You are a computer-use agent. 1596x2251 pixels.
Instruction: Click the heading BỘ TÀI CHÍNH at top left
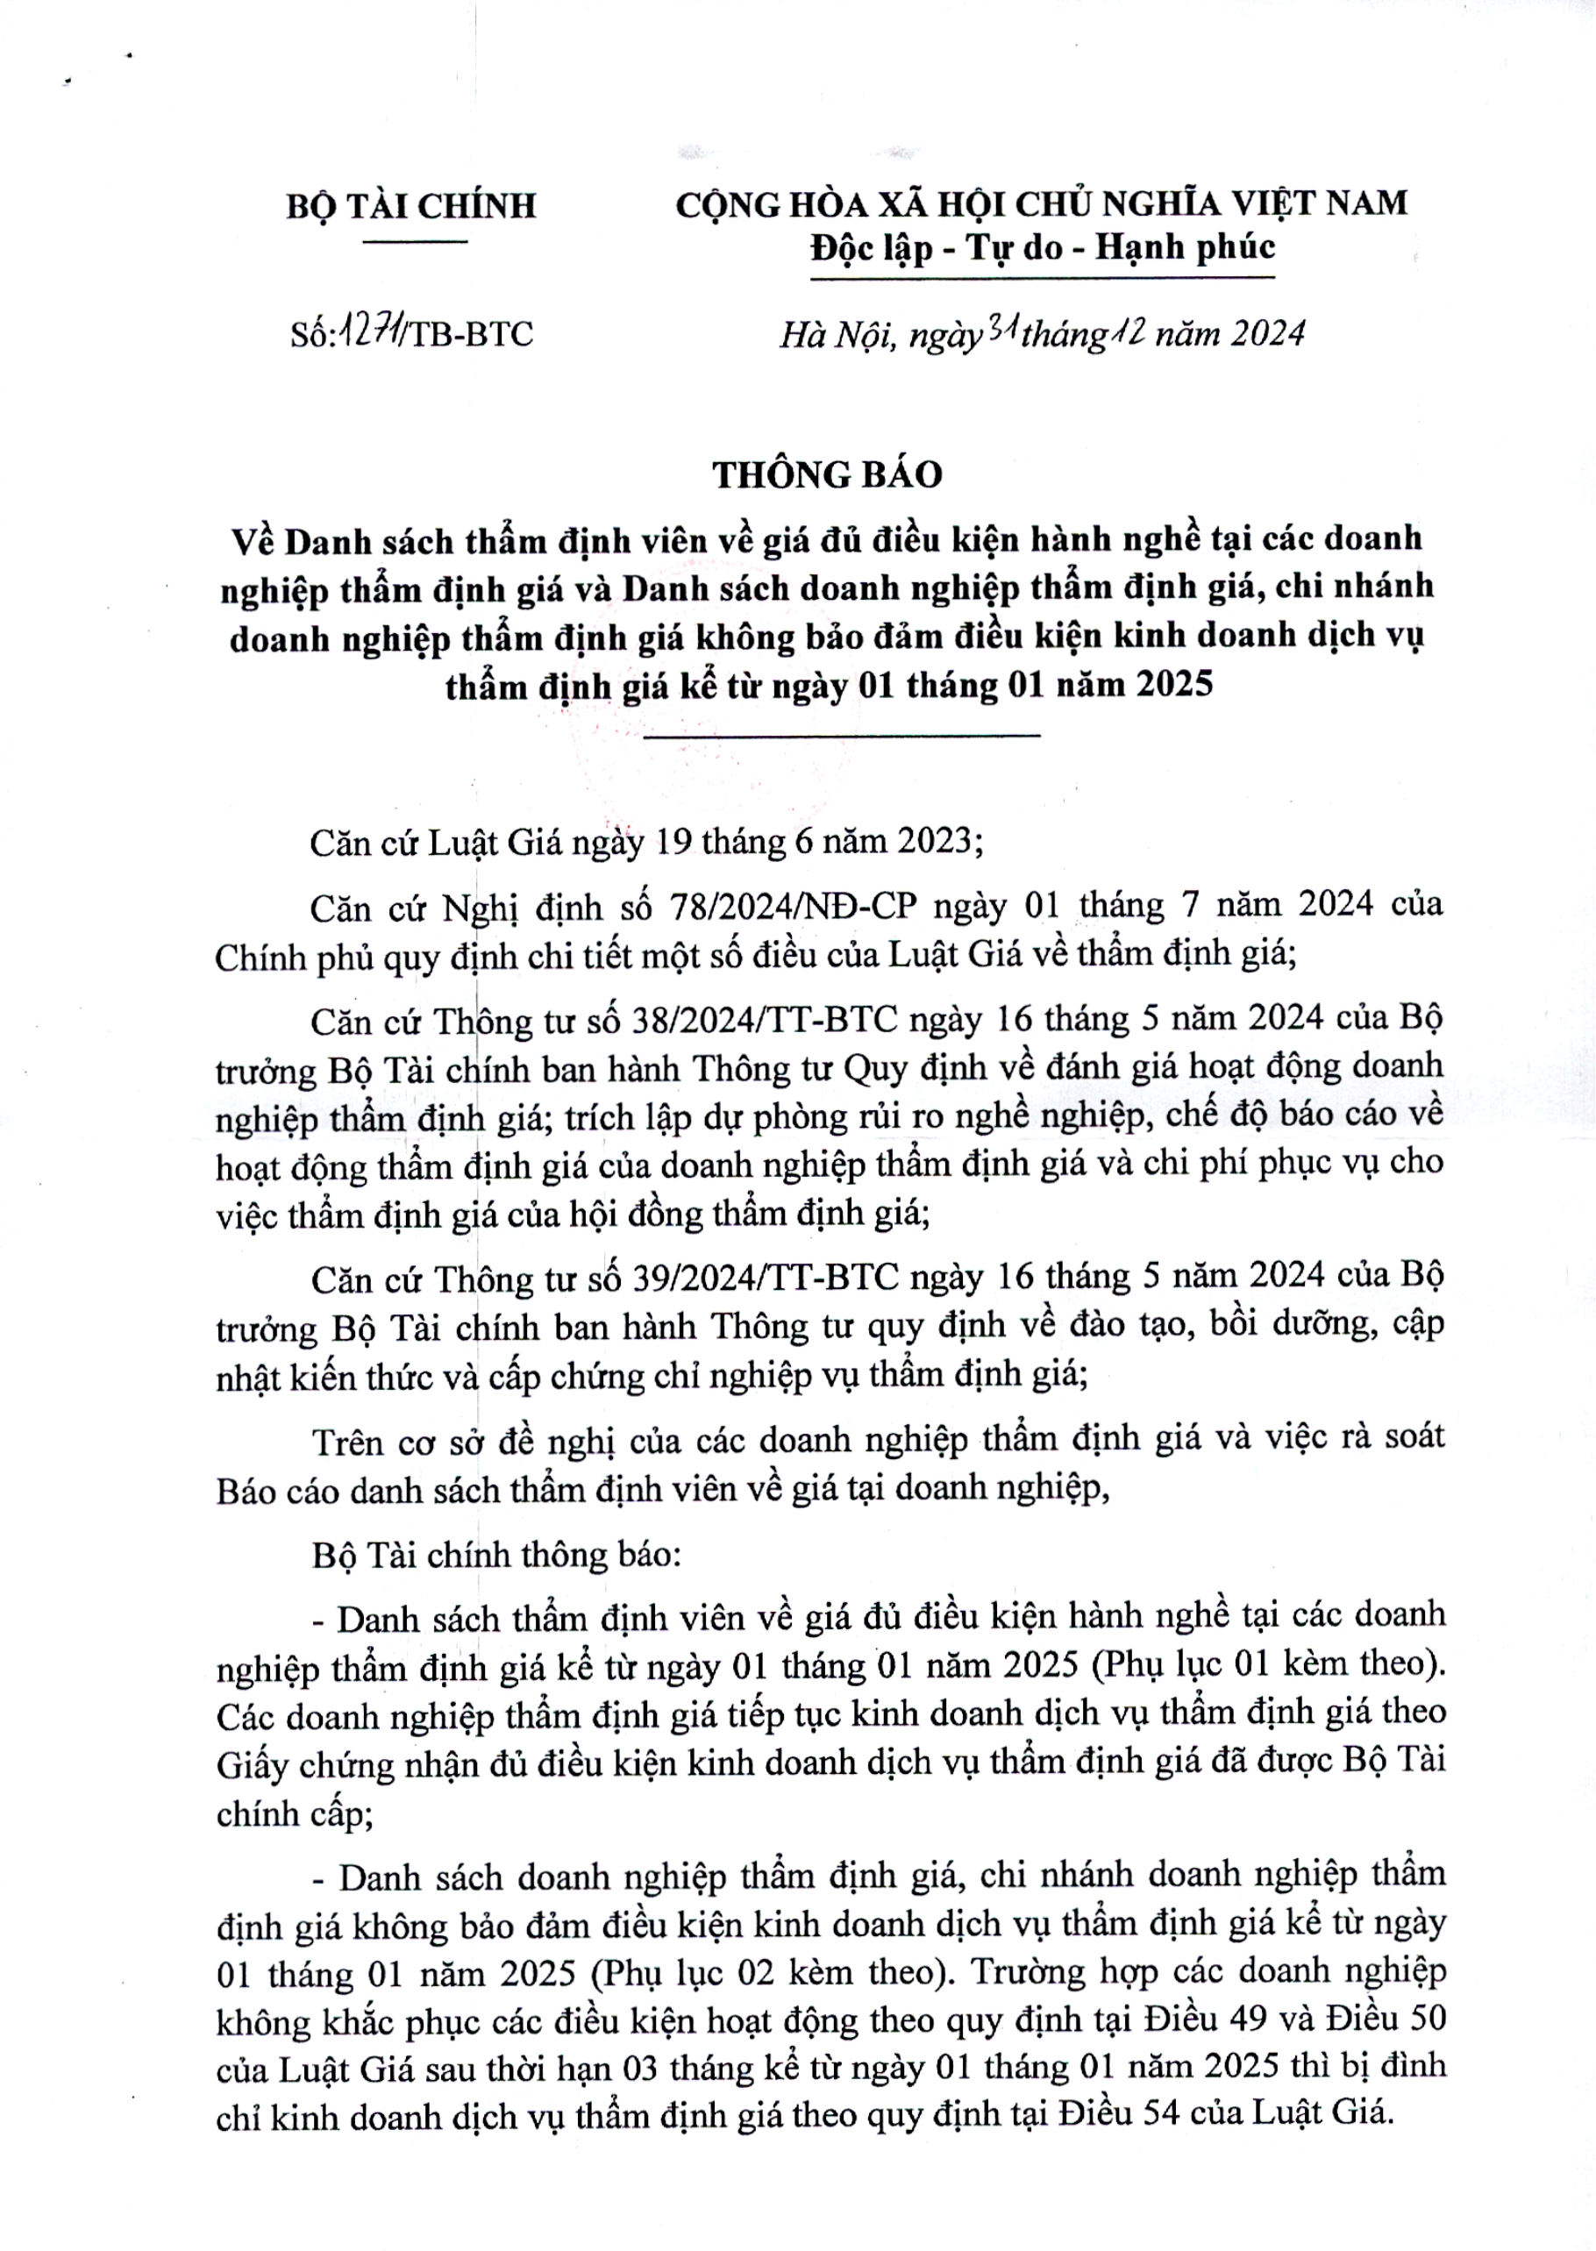tap(410, 205)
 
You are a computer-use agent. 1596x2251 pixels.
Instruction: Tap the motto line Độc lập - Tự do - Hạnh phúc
tap(1042, 246)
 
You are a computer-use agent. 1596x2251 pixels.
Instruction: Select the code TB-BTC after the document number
tap(469, 334)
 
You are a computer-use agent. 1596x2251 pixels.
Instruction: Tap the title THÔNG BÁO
tap(826, 474)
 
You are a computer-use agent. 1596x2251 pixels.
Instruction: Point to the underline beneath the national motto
tap(1042, 277)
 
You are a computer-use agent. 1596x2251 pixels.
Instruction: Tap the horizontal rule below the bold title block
tap(842, 734)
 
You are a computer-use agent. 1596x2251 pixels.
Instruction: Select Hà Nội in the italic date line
tap(837, 335)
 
